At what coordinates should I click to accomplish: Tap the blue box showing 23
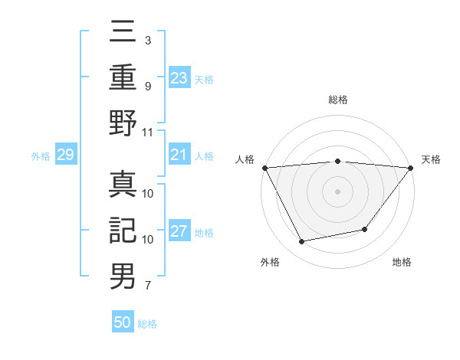point(179,77)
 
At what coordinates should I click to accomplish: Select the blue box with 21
point(179,155)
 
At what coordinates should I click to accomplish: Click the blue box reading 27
point(179,232)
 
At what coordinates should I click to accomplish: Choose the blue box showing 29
point(65,155)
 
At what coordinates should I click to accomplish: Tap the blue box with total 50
point(123,322)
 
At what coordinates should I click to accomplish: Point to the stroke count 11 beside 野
point(149,132)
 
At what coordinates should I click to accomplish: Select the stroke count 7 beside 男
point(147,286)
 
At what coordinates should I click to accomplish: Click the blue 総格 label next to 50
point(147,324)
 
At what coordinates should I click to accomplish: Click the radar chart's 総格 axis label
point(337,100)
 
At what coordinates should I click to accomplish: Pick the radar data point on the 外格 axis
point(301,242)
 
